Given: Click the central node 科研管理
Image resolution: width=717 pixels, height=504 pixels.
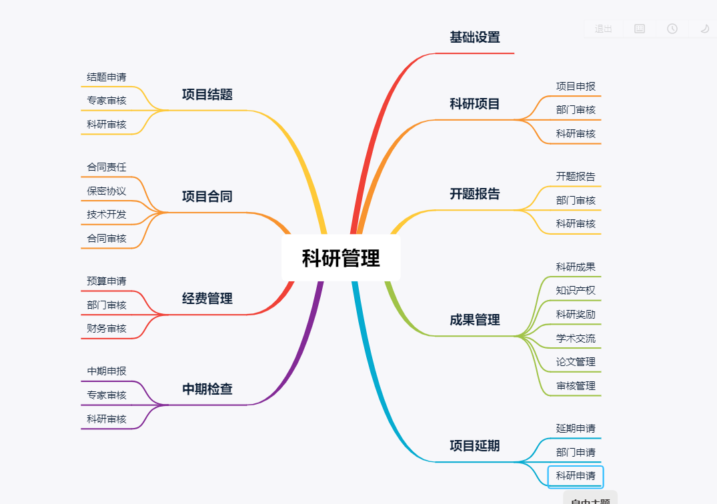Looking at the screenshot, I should pos(341,258).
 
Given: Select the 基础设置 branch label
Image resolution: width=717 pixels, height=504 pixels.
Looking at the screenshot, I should pos(474,37).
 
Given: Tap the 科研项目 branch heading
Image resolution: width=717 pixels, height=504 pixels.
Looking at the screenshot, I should pos(474,104).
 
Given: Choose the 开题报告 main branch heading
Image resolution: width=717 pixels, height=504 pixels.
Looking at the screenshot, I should pos(474,194).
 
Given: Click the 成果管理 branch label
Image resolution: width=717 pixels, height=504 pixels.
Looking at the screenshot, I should pos(474,320).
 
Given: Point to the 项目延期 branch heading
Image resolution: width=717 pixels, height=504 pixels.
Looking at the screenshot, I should pos(474,446).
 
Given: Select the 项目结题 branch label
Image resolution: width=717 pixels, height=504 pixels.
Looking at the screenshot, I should pos(207,95).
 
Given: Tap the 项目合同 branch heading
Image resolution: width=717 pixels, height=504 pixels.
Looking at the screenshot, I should pos(207,197).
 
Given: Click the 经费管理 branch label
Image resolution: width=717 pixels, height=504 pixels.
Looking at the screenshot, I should pos(207,299).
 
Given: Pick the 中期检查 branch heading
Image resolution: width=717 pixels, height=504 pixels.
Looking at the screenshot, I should pos(207,389).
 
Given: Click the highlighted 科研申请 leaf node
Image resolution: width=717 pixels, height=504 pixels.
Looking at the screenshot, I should pos(576,476).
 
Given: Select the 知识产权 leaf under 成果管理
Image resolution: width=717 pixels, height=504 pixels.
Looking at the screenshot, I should pos(576,291).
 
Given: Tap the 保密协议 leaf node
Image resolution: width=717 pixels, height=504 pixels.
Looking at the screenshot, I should pos(107,191).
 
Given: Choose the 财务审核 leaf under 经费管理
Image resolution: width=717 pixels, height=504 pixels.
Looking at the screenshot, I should pos(107,329).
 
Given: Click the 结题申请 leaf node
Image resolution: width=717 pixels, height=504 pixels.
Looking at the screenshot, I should pos(107,77).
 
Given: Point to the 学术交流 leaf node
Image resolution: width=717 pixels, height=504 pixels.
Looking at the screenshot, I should pos(576,339).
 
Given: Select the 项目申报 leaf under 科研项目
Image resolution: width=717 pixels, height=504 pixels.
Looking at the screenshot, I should pos(576,87).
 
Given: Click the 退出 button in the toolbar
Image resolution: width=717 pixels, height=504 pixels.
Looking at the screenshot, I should pos(604,29).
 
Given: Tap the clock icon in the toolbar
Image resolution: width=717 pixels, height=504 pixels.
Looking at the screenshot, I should pos(672,29).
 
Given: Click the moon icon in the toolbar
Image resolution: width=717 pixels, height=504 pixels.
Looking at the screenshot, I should pos(704,29).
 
